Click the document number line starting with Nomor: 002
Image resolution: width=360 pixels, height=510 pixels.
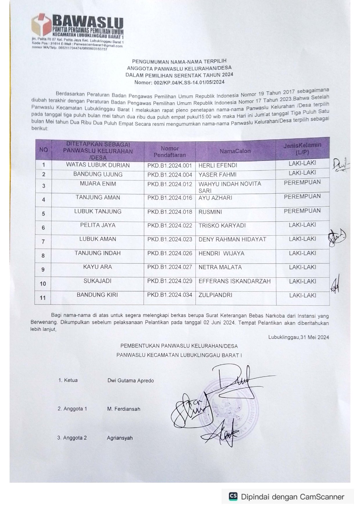click(179, 82)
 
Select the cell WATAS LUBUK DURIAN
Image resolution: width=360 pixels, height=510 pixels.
click(98, 165)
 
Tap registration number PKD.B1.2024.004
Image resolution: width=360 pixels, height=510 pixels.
click(170, 175)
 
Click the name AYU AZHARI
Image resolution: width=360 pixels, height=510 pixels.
click(215, 198)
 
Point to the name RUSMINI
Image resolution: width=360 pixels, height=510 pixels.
click(210, 212)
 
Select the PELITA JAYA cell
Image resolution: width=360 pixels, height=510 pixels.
click(98, 225)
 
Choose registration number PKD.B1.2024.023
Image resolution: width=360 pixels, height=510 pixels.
click(170, 239)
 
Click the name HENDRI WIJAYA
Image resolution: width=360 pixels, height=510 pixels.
click(221, 253)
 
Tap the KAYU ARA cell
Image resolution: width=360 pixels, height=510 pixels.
click(98, 267)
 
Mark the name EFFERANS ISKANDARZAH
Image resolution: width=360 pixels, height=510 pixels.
click(234, 281)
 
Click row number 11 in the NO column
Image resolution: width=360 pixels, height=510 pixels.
click(43, 298)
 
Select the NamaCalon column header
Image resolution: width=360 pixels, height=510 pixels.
click(235, 151)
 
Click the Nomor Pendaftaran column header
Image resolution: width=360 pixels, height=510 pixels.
click(170, 152)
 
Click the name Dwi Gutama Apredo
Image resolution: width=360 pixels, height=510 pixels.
click(131, 380)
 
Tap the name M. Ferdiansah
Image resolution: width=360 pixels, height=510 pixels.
click(123, 409)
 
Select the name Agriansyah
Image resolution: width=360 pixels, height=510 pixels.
click(120, 438)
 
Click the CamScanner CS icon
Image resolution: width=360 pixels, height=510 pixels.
click(233, 497)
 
